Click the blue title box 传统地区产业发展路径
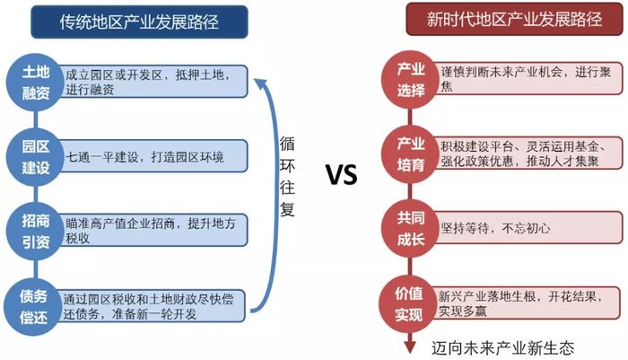tap(139, 22)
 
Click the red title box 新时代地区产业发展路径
tap(514, 19)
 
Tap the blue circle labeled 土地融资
tap(36, 83)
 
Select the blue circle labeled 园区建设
tap(36, 157)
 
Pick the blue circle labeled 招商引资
tap(36, 232)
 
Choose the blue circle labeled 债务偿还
tap(34, 307)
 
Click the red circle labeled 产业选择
tap(411, 80)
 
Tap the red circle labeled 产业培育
tap(411, 154)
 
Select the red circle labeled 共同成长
tap(411, 229)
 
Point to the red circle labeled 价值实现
tap(408, 303)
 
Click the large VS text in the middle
tap(341, 175)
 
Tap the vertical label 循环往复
tap(287, 176)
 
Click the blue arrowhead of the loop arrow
tap(261, 83)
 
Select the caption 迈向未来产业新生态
tap(503, 347)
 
